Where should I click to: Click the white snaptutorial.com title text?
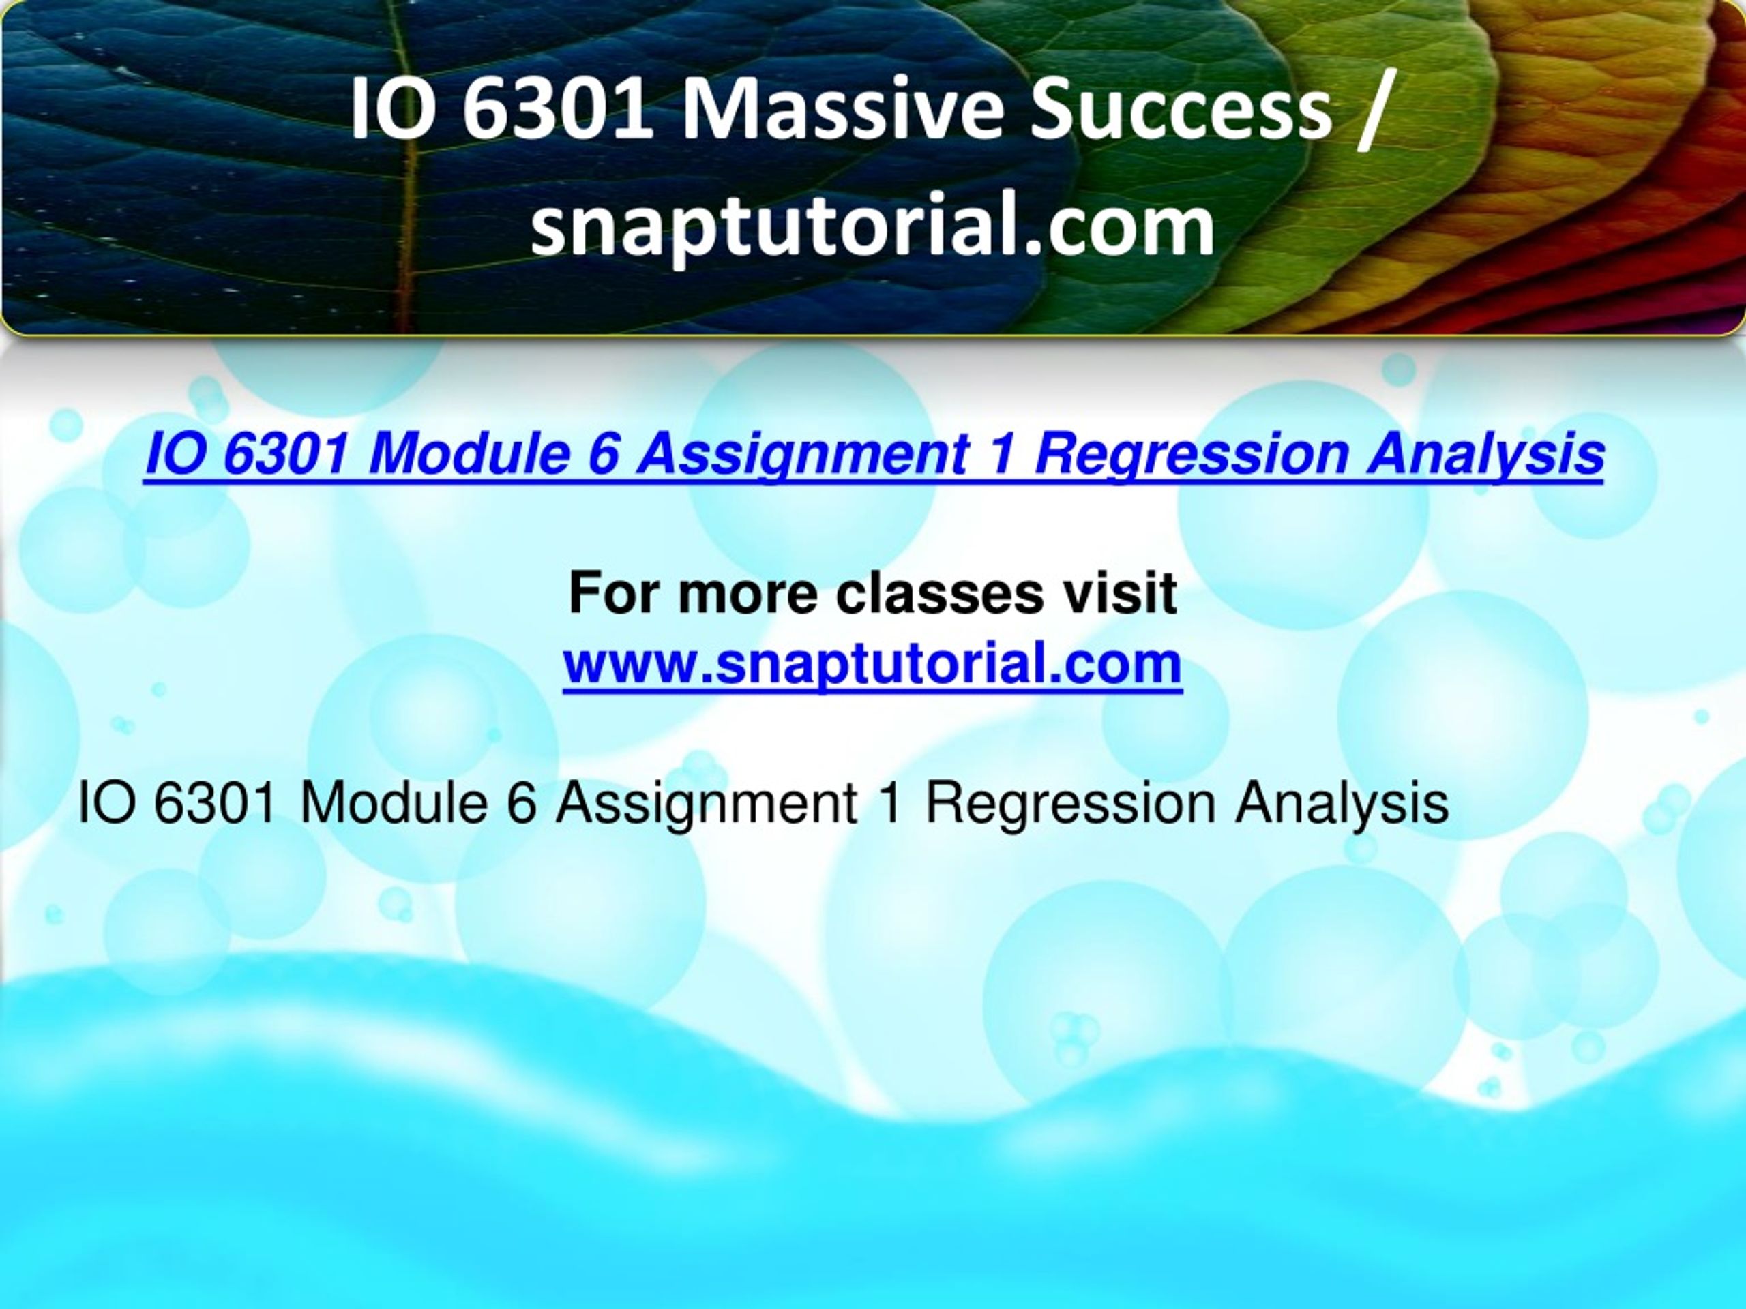point(873,226)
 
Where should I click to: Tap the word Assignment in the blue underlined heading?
point(802,455)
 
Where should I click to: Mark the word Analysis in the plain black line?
point(1342,804)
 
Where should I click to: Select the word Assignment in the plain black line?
point(707,804)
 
